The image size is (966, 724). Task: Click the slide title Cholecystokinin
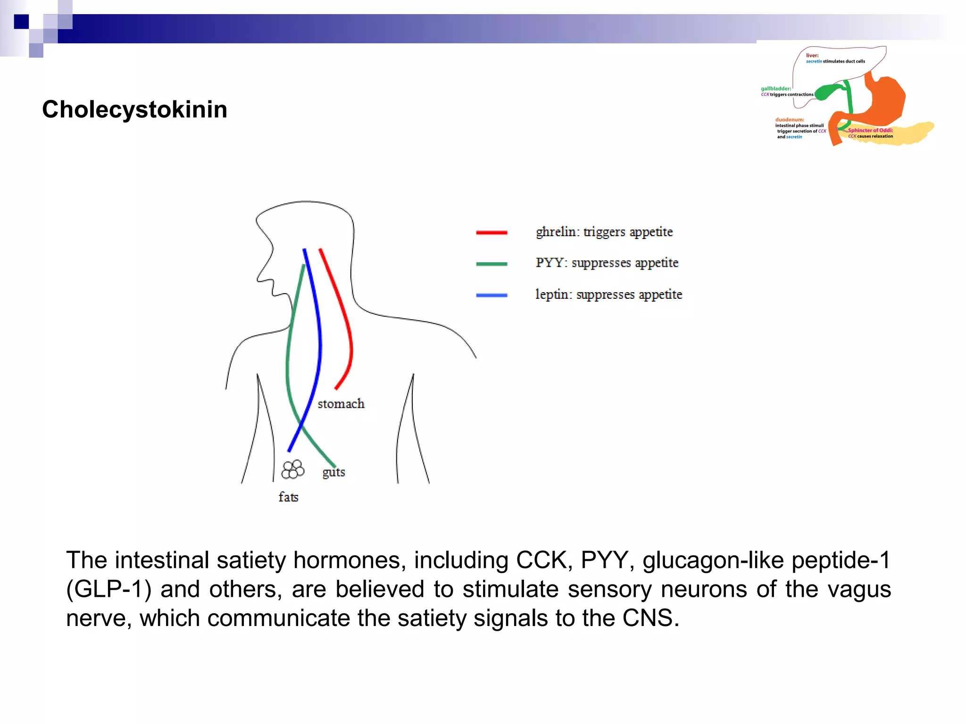point(134,109)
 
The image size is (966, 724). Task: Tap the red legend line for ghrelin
point(491,232)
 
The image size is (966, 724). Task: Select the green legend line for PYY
point(491,264)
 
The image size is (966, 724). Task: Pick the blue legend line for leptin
point(491,296)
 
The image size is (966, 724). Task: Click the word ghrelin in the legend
point(555,232)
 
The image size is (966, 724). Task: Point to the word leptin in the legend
point(553,294)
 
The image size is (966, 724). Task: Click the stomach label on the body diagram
point(341,404)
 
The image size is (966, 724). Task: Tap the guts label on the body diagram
point(333,472)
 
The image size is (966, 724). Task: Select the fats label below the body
point(288,497)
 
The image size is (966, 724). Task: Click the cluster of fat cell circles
point(292,469)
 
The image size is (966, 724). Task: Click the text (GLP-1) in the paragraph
point(108,590)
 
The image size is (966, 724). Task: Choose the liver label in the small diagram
point(812,56)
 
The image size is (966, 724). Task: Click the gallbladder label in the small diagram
point(776,89)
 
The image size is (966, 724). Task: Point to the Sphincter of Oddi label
point(870,131)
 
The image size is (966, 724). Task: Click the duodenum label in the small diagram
point(790,120)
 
